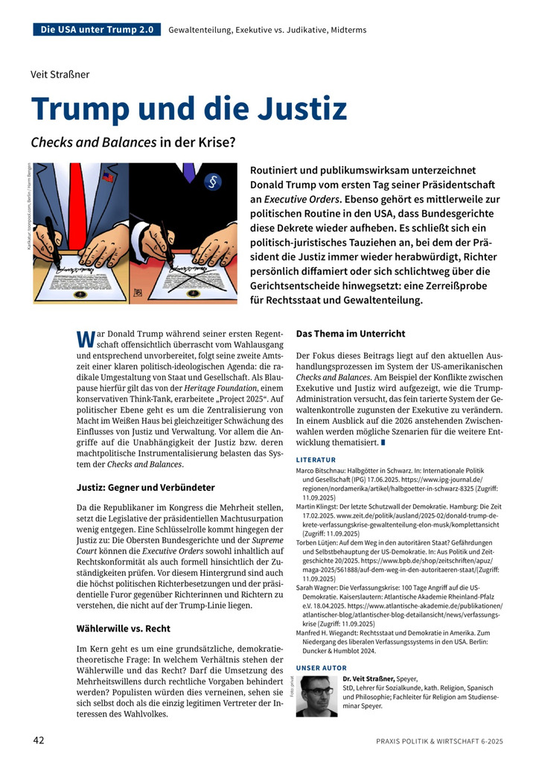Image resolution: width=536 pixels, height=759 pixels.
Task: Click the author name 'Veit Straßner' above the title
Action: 60,74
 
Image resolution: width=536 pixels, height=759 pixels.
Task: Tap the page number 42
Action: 39,740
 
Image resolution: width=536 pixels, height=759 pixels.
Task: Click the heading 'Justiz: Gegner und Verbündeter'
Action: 146,487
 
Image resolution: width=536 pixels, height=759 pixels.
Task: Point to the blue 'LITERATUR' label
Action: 316,460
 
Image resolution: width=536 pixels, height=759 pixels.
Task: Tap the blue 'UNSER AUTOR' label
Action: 321,667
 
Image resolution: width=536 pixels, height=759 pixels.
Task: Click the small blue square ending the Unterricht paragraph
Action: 383,443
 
